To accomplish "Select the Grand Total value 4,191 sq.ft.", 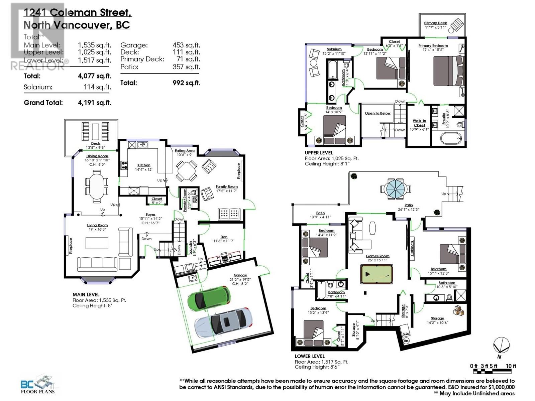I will point(94,103).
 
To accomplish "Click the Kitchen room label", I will point(144,165).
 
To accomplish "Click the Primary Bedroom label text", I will point(433,46).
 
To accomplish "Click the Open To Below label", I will point(378,113).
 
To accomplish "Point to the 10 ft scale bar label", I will point(511,366).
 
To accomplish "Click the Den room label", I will point(224,237).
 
